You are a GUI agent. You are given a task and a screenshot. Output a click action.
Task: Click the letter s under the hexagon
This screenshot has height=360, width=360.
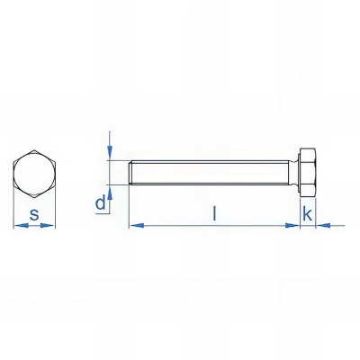(33, 214)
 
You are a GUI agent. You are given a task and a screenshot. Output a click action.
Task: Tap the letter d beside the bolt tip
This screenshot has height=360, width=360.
(101, 203)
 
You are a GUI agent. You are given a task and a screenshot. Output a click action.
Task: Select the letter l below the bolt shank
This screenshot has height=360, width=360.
(213, 213)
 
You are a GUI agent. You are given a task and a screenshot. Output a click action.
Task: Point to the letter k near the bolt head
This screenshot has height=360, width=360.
(307, 213)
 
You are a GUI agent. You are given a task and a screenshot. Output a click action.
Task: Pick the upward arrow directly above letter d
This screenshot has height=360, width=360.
(109, 189)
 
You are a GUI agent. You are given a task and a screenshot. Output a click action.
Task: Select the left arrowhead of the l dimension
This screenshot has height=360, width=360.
(134, 225)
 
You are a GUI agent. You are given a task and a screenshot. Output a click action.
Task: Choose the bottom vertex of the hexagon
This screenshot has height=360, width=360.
(33, 195)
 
